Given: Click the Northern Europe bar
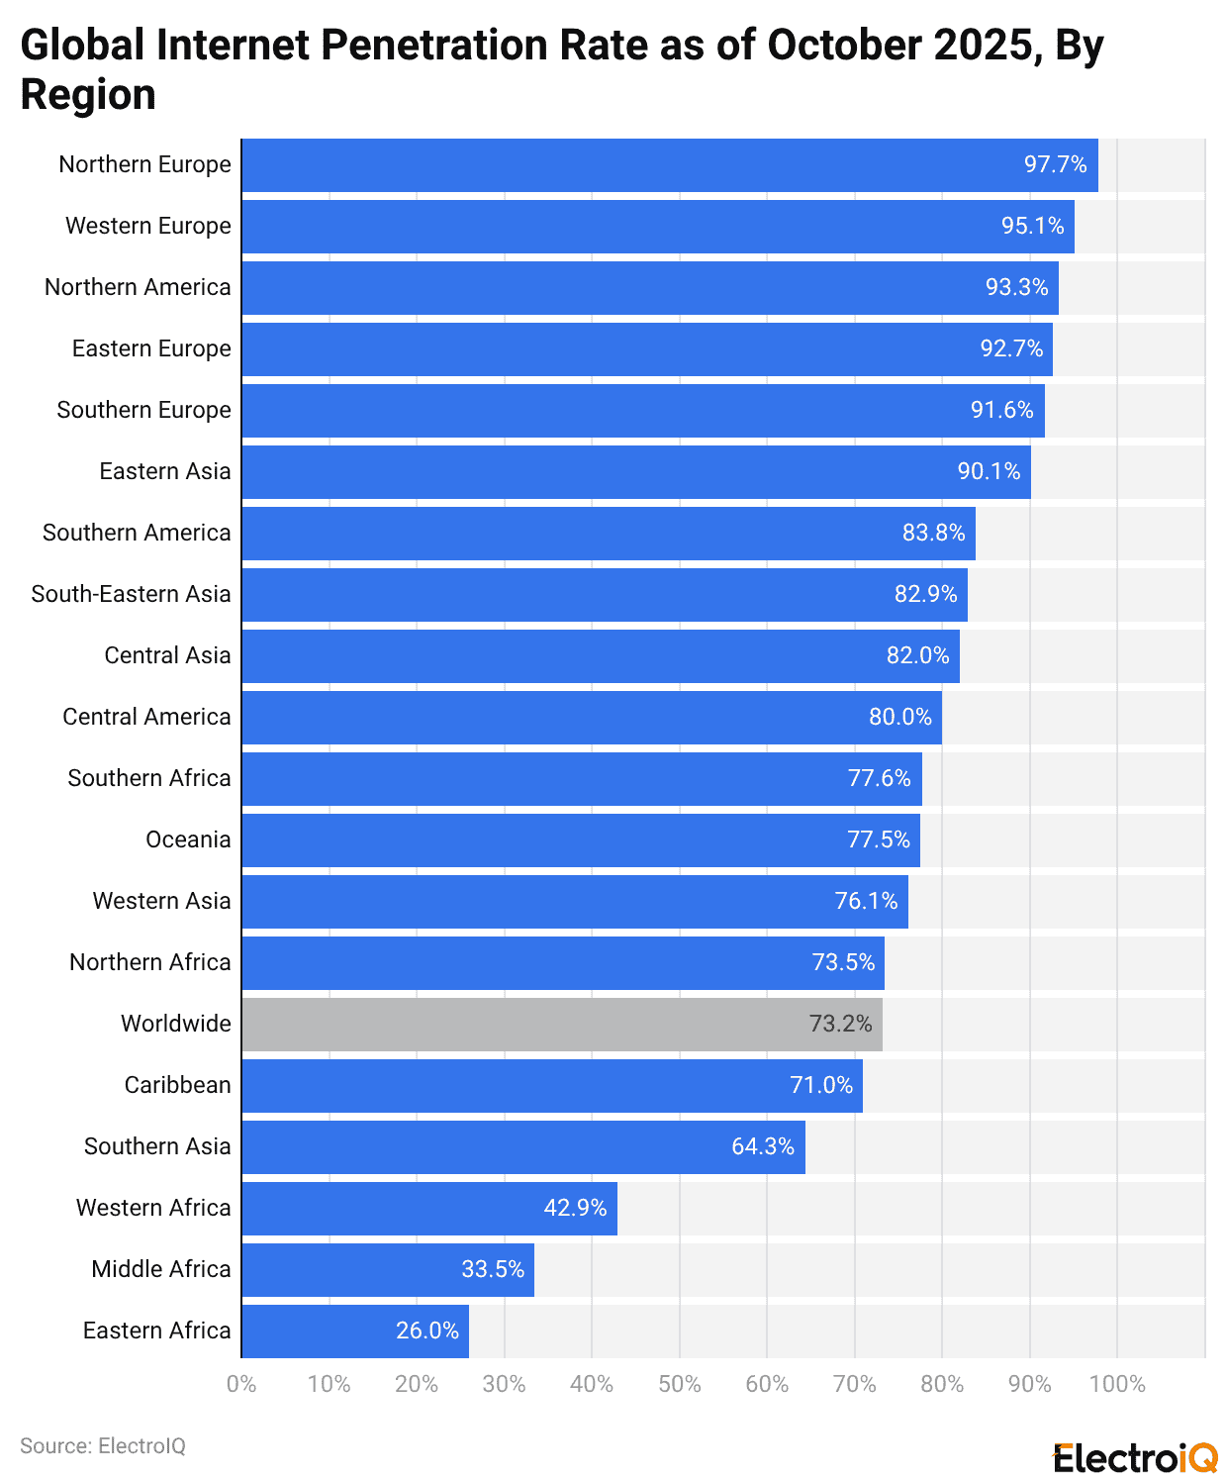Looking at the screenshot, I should click(x=669, y=165).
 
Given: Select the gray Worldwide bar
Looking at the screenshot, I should click(x=561, y=1025).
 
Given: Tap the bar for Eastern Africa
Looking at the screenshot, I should click(x=354, y=1331).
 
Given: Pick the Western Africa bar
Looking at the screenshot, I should click(x=428, y=1209).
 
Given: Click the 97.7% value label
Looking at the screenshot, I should click(x=1055, y=165).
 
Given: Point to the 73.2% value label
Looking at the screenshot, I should click(x=840, y=1025).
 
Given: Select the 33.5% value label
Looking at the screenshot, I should click(x=493, y=1270).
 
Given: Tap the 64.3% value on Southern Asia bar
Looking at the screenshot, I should click(x=762, y=1147).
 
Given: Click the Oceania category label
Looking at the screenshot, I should click(x=188, y=840).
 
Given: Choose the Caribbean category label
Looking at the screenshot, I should click(x=177, y=1086).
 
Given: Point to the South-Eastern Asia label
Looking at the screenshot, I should click(x=131, y=595).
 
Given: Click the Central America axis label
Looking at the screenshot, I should click(x=146, y=718).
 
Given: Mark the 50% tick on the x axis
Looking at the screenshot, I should click(x=679, y=1385).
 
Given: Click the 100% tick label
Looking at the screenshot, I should click(x=1116, y=1385).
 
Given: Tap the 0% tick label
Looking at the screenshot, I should click(x=241, y=1385).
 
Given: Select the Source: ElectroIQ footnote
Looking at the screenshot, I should click(x=103, y=1446).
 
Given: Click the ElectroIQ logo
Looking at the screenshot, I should click(x=1135, y=1458).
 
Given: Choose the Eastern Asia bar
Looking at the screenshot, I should click(x=635, y=472).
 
